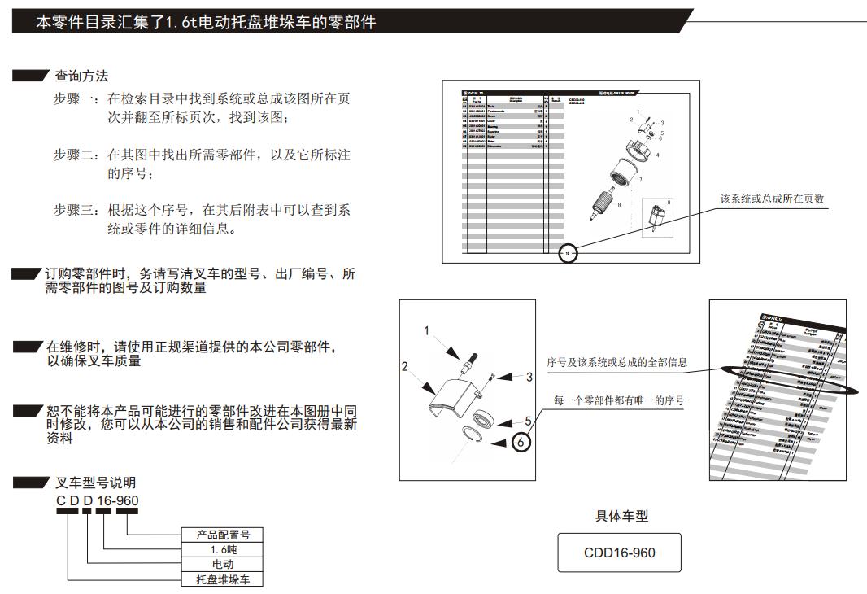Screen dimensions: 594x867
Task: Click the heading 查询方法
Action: [81, 76]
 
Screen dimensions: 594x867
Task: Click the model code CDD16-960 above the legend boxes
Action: [97, 500]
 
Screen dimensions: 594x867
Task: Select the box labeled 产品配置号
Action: [222, 535]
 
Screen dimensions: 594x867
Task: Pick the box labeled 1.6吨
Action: [222, 549]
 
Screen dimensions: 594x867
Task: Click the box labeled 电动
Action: [222, 564]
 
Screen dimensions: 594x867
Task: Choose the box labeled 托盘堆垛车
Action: [222, 579]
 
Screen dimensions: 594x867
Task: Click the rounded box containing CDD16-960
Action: [619, 553]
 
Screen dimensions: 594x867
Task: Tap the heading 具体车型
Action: [621, 516]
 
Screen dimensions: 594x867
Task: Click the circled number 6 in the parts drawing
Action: [521, 443]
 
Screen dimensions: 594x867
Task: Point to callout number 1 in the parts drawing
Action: [425, 330]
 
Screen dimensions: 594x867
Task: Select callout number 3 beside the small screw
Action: [529, 377]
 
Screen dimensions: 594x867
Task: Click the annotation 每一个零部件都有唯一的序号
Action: [618, 400]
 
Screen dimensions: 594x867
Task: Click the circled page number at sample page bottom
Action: [569, 254]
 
